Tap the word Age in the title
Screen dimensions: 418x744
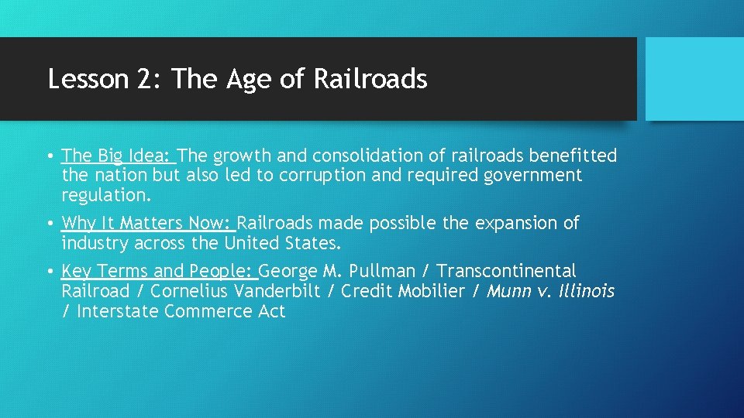coord(248,79)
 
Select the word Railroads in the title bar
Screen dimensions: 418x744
coord(370,79)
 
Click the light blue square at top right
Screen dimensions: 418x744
coord(694,79)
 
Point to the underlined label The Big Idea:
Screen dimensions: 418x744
coord(119,156)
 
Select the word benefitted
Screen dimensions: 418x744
coord(573,156)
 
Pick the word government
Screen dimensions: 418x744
coord(532,176)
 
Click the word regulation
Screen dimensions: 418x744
coord(105,196)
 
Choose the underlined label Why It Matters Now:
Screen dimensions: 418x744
coord(147,224)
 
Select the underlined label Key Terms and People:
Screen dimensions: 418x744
coord(158,272)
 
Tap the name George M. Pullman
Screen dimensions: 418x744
coord(339,272)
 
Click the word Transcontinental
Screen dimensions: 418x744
coord(507,272)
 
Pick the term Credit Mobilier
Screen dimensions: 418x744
coord(402,292)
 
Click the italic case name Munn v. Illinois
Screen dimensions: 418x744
coord(551,292)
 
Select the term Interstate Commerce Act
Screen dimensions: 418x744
coord(181,312)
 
